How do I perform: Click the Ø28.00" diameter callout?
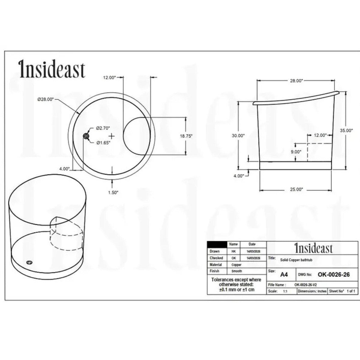pos(46,99)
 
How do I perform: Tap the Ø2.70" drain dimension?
pos(103,128)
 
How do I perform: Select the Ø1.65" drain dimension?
pos(103,143)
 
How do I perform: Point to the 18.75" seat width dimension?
pos(186,136)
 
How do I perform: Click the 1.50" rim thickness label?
pos(113,192)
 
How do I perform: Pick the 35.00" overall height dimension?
pos(346,130)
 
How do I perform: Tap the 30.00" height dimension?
pos(238,136)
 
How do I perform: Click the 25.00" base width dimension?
pos(296,189)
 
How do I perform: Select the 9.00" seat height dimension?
pos(296,152)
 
